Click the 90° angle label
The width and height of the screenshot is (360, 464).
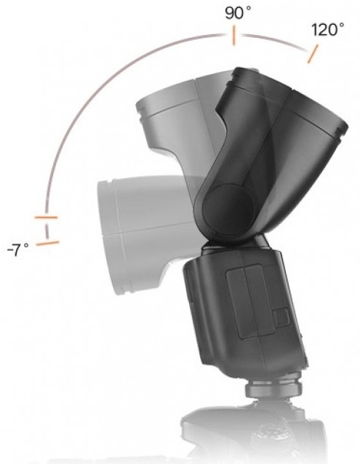[238, 13]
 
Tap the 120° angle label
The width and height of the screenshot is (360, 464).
[327, 30]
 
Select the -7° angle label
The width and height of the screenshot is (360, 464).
[17, 250]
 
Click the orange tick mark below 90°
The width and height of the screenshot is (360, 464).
[233, 36]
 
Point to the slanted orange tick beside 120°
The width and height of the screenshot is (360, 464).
[313, 54]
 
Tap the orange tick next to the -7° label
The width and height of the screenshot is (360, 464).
[47, 243]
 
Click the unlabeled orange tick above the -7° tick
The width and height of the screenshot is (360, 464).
[46, 217]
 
